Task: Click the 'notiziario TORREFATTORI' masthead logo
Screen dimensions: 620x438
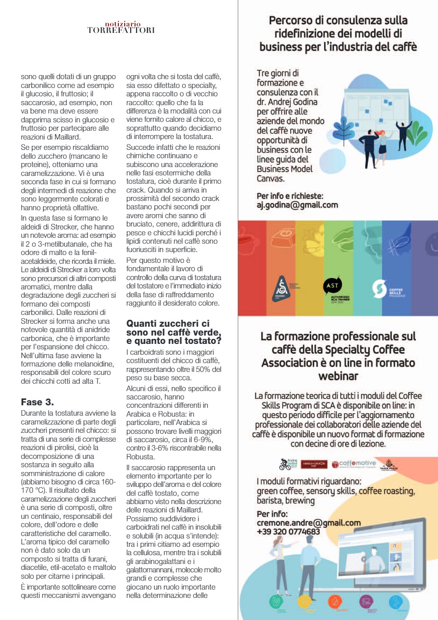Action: pos(121,28)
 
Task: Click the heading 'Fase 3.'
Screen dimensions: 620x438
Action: pos(37,401)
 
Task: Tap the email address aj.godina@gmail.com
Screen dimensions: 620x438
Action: pos(298,205)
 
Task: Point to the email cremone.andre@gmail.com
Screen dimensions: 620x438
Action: pos(308,523)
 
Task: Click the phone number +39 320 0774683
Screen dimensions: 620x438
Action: pos(288,532)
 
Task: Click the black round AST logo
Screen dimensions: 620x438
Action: pos(332,286)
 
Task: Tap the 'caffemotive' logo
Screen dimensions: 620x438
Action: pos(354,464)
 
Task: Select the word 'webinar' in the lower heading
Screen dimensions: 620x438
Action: pos(338,376)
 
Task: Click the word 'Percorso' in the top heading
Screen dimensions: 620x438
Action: pos(293,21)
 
